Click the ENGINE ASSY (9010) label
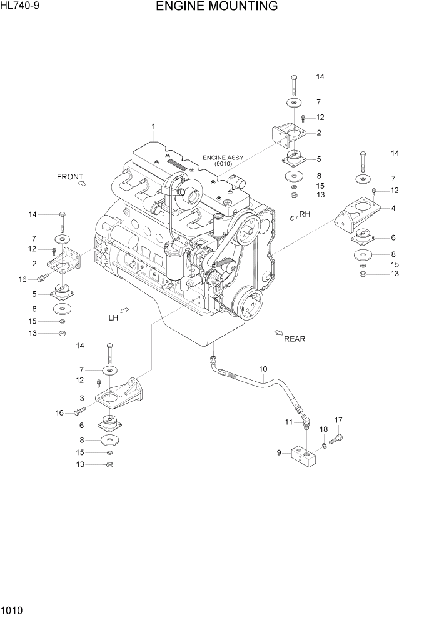tap(223, 161)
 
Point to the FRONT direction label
tap(70, 176)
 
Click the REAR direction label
tap(295, 339)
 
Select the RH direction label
tap(305, 214)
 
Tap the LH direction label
tap(113, 317)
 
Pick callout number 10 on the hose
tap(263, 369)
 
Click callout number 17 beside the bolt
tap(338, 420)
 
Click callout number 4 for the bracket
tap(393, 208)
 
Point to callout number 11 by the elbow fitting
tap(289, 422)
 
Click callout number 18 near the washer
tap(324, 429)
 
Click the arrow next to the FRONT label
tap(82, 183)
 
